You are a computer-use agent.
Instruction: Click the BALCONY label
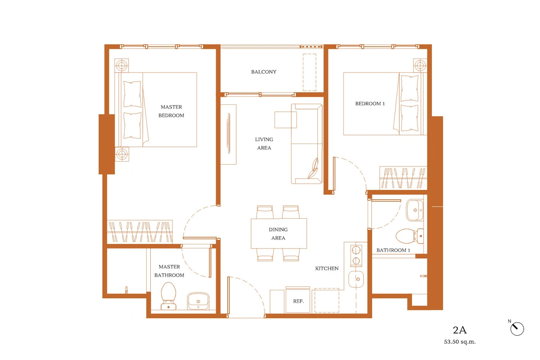click(x=264, y=72)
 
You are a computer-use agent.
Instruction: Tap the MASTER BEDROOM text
click(x=171, y=111)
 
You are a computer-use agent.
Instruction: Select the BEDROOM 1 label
click(x=370, y=103)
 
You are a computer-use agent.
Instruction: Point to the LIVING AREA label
click(x=264, y=144)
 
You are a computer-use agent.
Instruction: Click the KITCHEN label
click(x=327, y=268)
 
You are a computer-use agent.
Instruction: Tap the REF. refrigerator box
click(x=298, y=300)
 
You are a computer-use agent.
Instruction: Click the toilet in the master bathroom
click(x=168, y=296)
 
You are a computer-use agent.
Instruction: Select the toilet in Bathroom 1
click(x=409, y=236)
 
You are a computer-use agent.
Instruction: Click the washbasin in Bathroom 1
click(x=415, y=210)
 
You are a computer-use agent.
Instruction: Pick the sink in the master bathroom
click(x=198, y=301)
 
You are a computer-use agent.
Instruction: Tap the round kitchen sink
click(x=356, y=279)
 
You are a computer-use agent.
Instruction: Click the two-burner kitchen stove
click(x=356, y=256)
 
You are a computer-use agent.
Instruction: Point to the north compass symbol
click(x=517, y=328)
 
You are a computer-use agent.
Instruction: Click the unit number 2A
click(x=459, y=330)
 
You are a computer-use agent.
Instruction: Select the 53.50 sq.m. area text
click(x=460, y=342)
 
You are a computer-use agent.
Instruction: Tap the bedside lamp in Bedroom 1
click(x=420, y=65)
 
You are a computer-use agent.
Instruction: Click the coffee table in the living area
click(x=286, y=120)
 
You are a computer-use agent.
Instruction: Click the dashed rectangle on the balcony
click(x=310, y=72)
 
